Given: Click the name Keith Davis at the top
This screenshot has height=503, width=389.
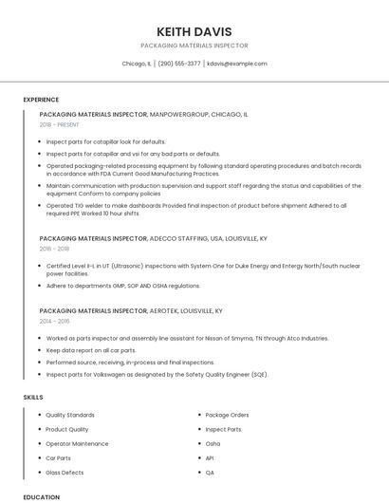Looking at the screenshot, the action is tap(194, 31).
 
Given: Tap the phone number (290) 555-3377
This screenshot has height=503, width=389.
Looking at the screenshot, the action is tap(179, 64).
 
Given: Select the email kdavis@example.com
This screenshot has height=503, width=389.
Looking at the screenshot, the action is tap(237, 64).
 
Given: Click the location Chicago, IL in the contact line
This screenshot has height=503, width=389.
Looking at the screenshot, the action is tap(137, 64).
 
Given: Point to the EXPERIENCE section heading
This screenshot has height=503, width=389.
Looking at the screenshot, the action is tap(41, 100).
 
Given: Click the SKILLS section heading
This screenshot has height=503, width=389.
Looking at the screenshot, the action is tap(33, 397).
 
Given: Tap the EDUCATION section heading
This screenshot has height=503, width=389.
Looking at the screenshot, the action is tap(41, 496).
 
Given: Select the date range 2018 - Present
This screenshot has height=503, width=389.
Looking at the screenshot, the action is tap(60, 124).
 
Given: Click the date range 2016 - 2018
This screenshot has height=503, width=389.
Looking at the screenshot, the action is tap(55, 249).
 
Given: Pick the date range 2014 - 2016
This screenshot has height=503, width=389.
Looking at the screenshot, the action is tap(55, 321).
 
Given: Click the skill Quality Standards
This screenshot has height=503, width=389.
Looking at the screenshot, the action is tap(70, 415).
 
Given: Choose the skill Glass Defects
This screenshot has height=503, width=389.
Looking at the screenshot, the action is tap(65, 472).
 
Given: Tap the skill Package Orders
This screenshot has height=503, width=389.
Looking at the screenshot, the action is tap(227, 415).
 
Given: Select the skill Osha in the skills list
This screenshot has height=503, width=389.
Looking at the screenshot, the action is tap(213, 443).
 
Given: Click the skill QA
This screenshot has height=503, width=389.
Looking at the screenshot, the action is tap(210, 472).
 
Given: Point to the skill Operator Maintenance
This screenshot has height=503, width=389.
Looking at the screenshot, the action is tap(77, 443).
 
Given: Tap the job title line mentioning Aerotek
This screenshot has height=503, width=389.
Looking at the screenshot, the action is tap(131, 310).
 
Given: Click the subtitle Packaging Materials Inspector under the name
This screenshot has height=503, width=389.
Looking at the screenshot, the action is tap(194, 46).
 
